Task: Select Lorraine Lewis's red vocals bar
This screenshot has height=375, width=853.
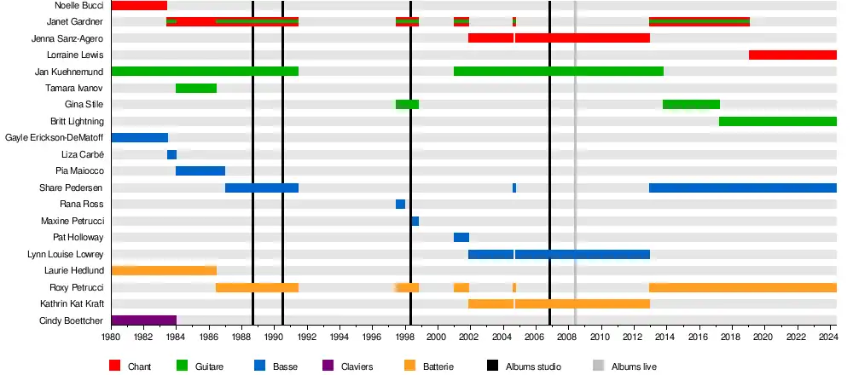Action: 792,55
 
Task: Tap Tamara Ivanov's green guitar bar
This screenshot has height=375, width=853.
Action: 196,88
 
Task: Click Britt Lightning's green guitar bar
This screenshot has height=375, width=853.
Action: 777,121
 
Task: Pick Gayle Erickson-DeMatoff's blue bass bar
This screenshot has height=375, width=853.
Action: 139,137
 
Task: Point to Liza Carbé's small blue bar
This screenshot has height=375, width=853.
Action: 171,154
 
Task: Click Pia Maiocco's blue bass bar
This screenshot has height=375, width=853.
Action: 200,170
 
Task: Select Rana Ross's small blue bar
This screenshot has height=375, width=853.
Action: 400,204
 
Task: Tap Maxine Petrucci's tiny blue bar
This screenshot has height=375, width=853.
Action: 415,221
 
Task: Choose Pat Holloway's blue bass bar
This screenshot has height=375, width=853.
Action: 461,237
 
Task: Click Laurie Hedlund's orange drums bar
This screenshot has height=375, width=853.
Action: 164,270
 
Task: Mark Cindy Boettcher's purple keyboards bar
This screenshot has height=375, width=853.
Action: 143,320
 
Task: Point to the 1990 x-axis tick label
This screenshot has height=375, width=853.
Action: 275,337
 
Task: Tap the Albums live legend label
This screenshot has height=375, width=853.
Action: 634,366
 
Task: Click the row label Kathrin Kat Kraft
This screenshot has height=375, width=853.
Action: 72,303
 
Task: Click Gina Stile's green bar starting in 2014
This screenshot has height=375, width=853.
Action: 691,104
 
